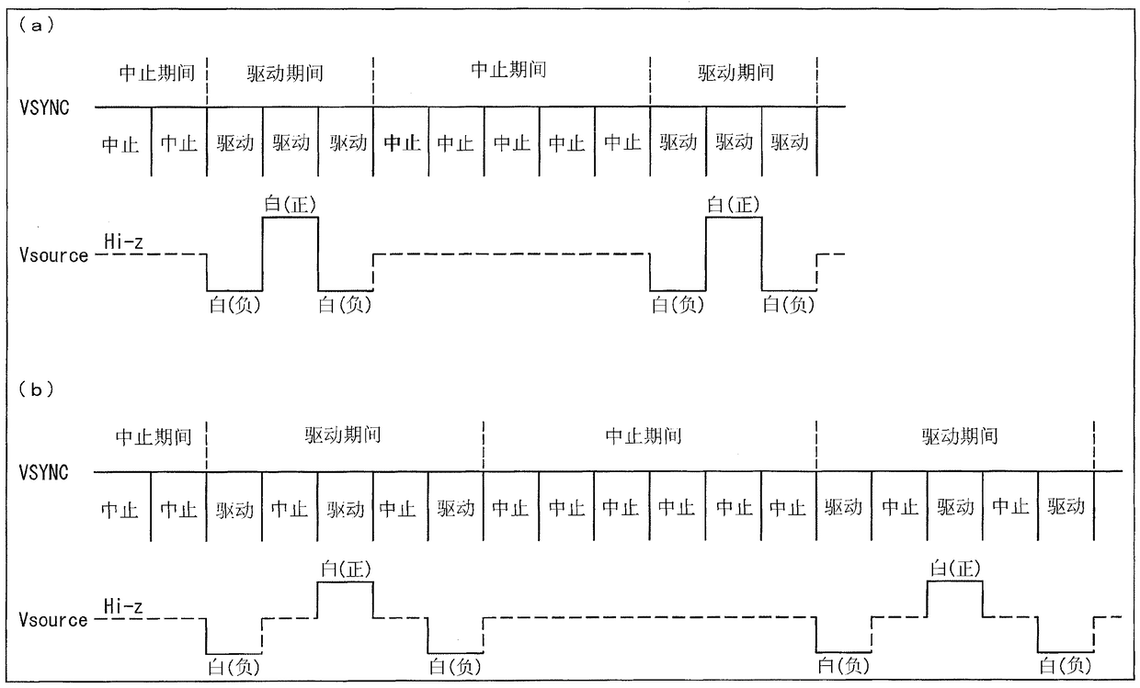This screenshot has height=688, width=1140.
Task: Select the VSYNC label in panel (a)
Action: pyautogui.click(x=44, y=107)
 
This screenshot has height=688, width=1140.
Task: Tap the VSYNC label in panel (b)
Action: pyautogui.click(x=44, y=473)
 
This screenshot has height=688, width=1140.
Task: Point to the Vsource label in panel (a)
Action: pyautogui.click(x=53, y=255)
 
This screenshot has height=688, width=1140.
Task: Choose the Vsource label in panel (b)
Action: pyautogui.click(x=53, y=620)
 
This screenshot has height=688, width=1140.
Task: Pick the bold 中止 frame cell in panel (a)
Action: pyautogui.click(x=402, y=143)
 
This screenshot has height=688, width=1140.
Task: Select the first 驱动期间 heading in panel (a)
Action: pyautogui.click(x=285, y=73)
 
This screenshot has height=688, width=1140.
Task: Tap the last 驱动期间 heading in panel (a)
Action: pyautogui.click(x=735, y=73)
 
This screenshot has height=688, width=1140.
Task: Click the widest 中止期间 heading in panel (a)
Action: pyautogui.click(x=508, y=71)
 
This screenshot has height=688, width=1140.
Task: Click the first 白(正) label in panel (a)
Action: pyautogui.click(x=291, y=204)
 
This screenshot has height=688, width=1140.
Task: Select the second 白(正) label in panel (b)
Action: pyautogui.click(x=955, y=569)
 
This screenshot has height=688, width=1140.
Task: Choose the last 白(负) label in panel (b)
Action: pyautogui.click(x=1066, y=665)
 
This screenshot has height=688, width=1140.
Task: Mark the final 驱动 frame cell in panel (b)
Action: pyautogui.click(x=1066, y=507)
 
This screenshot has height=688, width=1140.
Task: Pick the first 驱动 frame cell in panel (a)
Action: pyautogui.click(x=235, y=143)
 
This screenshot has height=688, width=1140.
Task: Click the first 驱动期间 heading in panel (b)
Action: pyautogui.click(x=343, y=435)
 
